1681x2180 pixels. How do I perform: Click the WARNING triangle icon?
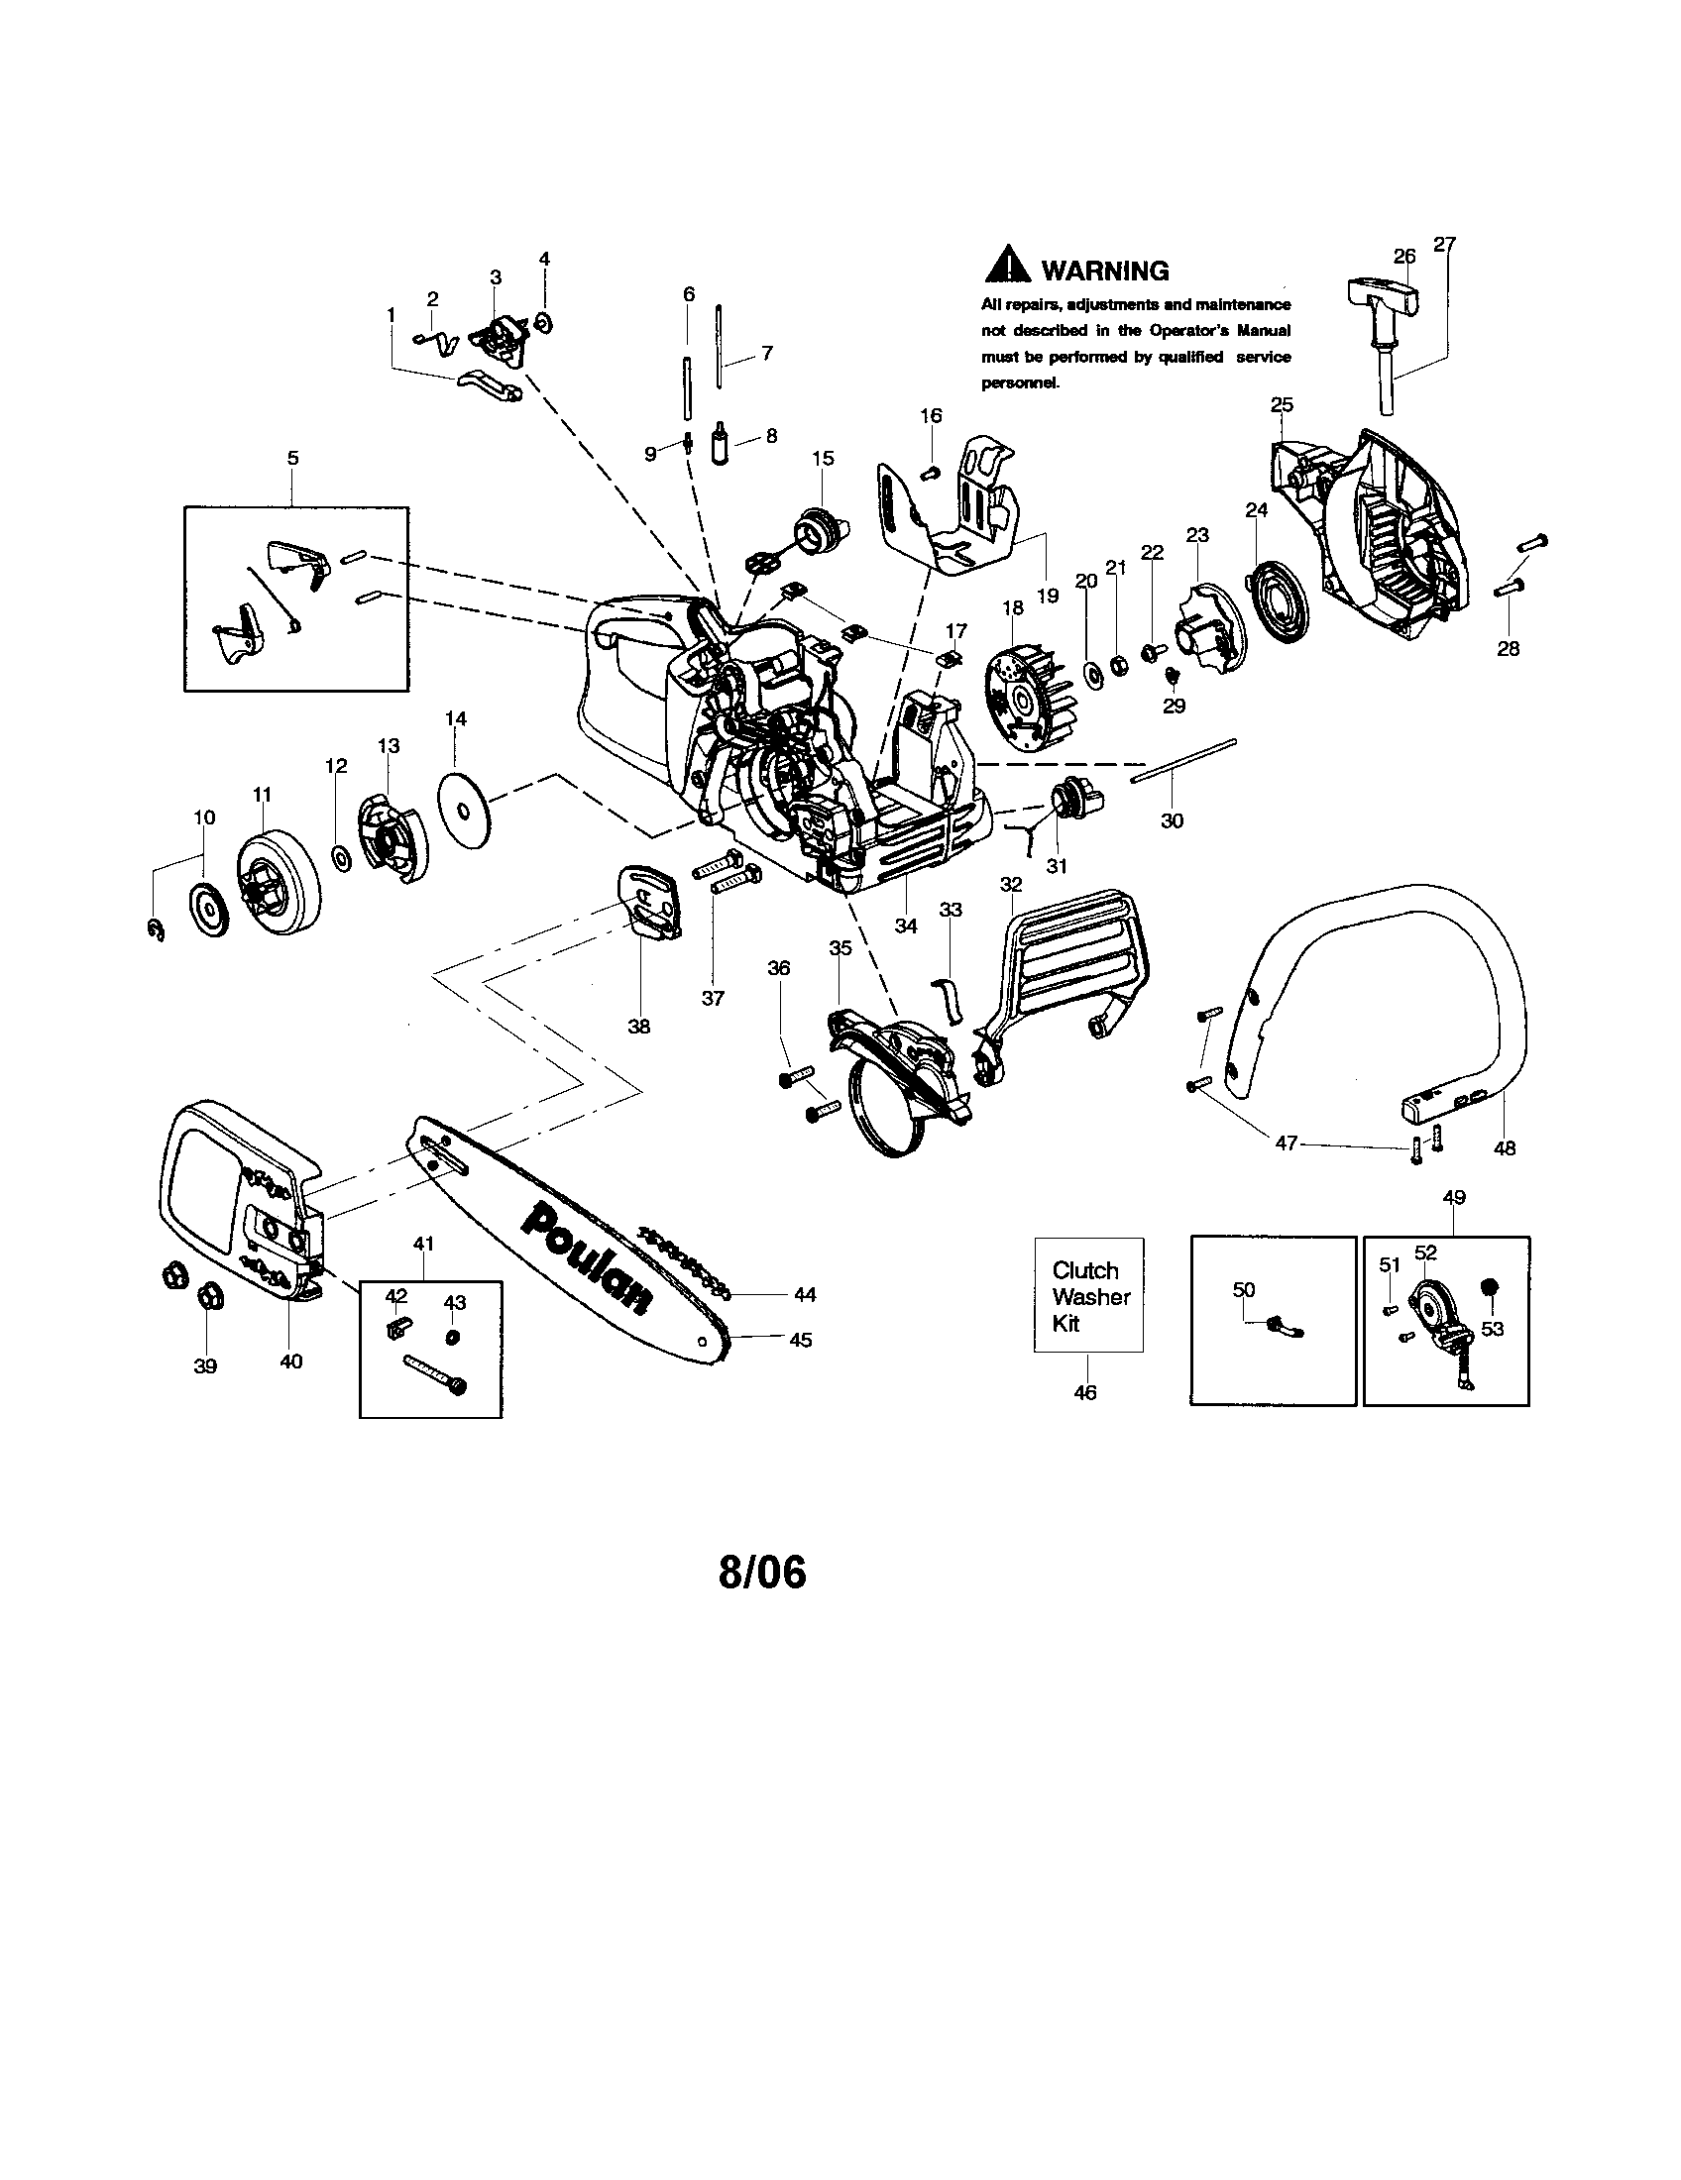pyautogui.click(x=1007, y=264)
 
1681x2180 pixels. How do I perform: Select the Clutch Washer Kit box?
pyautogui.click(x=1088, y=1296)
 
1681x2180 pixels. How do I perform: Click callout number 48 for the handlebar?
pyautogui.click(x=1504, y=1148)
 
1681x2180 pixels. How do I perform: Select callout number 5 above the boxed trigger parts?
pyautogui.click(x=292, y=459)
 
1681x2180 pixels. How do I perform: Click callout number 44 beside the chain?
pyautogui.click(x=805, y=1295)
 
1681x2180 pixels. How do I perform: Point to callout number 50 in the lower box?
pyautogui.click(x=1243, y=1289)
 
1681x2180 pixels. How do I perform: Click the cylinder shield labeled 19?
pyautogui.click(x=958, y=519)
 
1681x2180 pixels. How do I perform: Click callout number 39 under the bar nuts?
pyautogui.click(x=204, y=1366)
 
